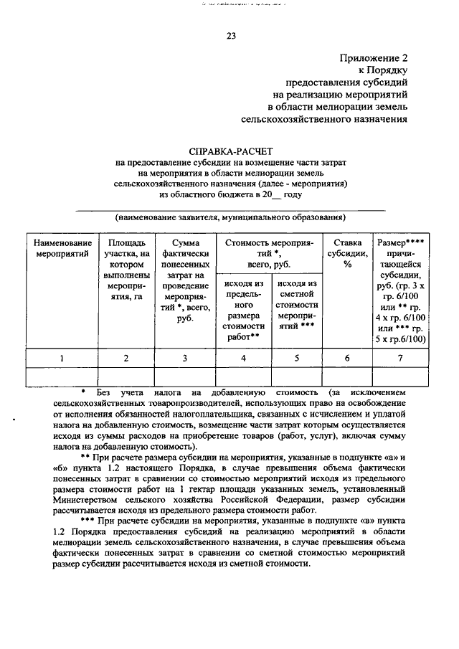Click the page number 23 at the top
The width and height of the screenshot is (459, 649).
pyautogui.click(x=231, y=36)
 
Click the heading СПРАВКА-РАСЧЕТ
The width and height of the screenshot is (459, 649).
pyautogui.click(x=230, y=151)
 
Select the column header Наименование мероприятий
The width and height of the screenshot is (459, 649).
pyautogui.click(x=62, y=248)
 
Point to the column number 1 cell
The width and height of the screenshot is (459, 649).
pyautogui.click(x=62, y=358)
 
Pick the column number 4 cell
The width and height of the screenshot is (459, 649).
pyautogui.click(x=243, y=358)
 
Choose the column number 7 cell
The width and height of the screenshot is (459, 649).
pyautogui.click(x=400, y=358)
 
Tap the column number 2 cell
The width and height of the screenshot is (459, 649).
pyautogui.click(x=126, y=358)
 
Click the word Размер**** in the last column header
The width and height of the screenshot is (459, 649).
pyautogui.click(x=400, y=243)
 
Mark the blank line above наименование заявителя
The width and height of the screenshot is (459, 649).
pyautogui.click(x=230, y=209)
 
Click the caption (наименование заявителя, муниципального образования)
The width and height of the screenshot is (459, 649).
pyautogui.click(x=230, y=217)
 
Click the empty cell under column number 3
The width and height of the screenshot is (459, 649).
pyautogui.click(x=185, y=376)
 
